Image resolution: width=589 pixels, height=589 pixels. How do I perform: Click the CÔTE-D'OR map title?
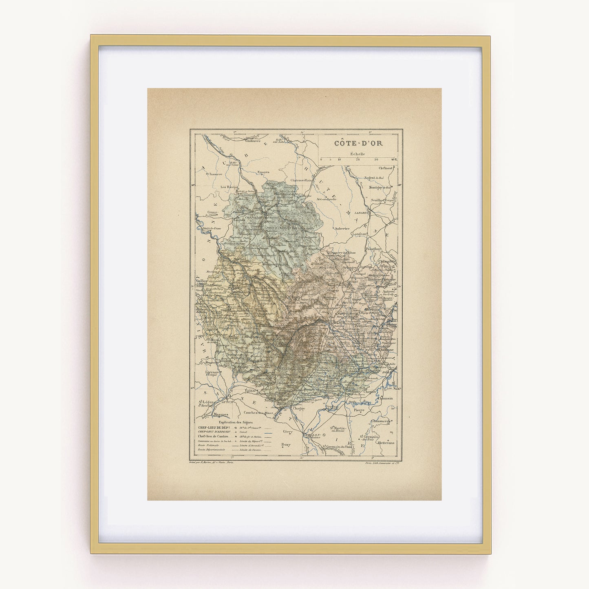358,143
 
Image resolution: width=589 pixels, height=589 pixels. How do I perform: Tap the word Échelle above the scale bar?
357,154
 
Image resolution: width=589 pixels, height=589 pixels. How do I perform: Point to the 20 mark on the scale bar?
358,160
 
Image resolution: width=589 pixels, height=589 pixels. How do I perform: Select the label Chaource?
215,174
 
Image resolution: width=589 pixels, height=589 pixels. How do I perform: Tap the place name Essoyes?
264,172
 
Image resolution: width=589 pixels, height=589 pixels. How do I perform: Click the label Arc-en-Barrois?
326,199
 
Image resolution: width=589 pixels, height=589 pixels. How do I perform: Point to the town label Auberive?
342,229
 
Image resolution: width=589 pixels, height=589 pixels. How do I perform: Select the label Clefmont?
386,168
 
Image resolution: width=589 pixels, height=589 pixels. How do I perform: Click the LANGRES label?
361,213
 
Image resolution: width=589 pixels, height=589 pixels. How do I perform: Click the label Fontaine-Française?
382,280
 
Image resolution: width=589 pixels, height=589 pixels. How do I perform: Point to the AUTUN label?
227,402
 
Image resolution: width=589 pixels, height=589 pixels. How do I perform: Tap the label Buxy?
286,445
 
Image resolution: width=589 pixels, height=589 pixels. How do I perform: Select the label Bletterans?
386,443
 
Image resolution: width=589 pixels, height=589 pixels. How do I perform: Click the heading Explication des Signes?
236,422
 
